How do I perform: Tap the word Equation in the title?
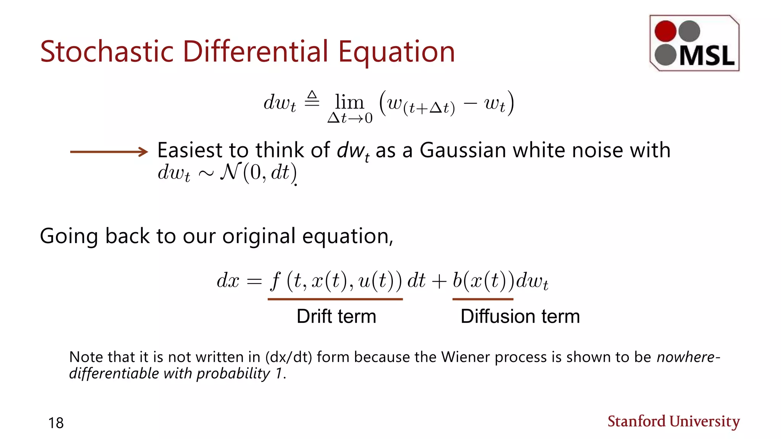tap(397, 52)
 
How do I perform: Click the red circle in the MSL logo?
tap(665, 31)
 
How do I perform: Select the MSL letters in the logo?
tap(707, 56)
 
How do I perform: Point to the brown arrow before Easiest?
tap(109, 152)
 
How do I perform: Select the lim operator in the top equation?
tap(349, 103)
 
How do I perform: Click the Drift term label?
tap(336, 316)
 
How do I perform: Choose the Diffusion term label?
tap(520, 316)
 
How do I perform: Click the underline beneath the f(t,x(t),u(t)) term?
tap(335, 299)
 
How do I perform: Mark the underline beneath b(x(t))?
tap(483, 299)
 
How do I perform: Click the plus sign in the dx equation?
tap(439, 282)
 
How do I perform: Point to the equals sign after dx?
tap(254, 282)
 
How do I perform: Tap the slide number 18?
tap(56, 423)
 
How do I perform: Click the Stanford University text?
tap(673, 421)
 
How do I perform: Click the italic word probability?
tap(233, 373)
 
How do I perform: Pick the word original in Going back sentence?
tap(259, 236)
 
